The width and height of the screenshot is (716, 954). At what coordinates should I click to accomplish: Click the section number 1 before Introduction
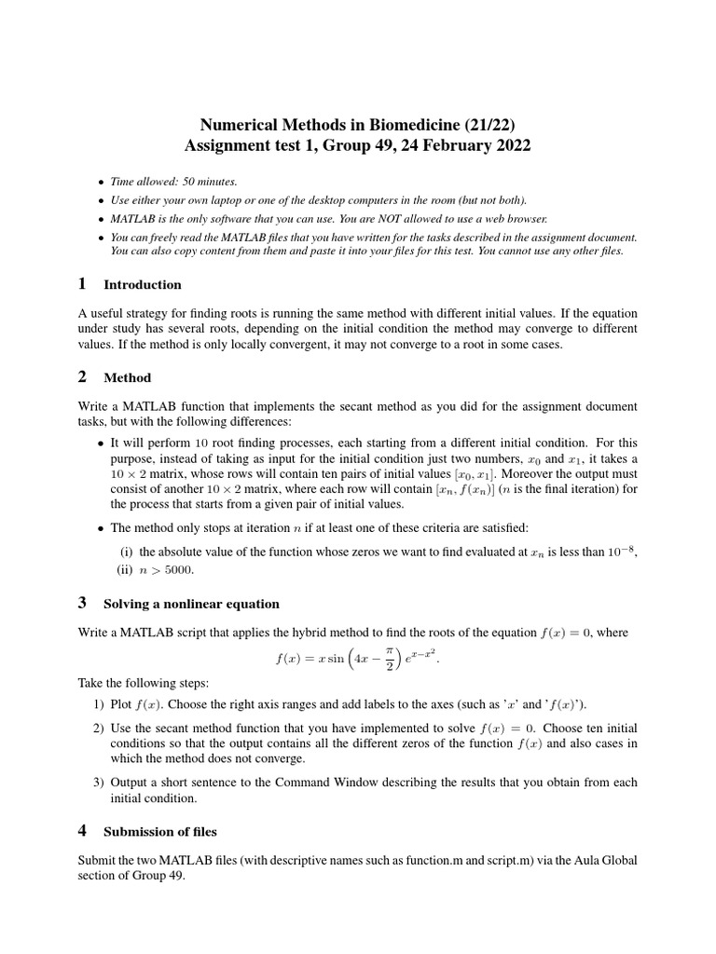[x=83, y=284]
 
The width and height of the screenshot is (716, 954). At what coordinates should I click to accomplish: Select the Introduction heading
[x=143, y=285]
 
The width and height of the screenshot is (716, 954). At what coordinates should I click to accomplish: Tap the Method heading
[x=127, y=377]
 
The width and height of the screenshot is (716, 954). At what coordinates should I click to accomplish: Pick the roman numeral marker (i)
[x=127, y=552]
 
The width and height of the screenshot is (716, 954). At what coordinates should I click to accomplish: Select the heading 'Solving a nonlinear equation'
[x=191, y=604]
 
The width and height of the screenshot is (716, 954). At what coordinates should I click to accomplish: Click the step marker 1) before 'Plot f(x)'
[x=98, y=703]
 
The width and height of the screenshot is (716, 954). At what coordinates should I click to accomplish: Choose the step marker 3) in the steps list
[x=98, y=782]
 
